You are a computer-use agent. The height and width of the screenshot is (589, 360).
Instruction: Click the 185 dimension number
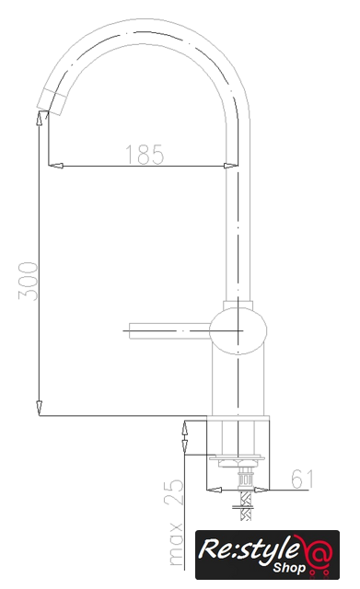(145, 155)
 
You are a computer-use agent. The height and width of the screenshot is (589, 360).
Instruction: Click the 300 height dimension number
(29, 282)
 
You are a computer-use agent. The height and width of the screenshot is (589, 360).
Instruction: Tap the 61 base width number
(302, 479)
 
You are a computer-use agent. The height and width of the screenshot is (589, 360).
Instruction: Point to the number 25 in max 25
(173, 492)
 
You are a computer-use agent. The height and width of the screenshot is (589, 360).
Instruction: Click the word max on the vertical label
(176, 543)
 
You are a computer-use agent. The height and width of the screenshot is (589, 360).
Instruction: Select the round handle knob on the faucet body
(238, 330)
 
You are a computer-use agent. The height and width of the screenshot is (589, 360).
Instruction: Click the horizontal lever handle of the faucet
(169, 330)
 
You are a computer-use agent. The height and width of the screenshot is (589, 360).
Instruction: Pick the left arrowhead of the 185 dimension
(55, 166)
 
